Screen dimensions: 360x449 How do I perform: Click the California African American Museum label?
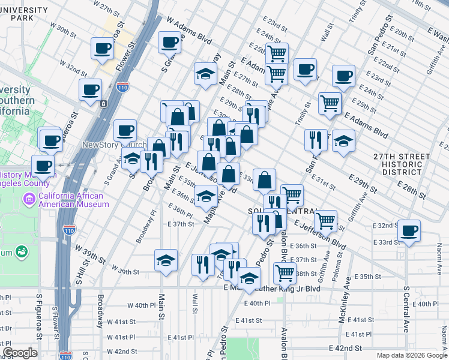click(x=71, y=200)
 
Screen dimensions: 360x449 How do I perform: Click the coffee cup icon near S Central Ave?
click(x=409, y=231)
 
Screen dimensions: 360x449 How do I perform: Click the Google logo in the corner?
click(x=20, y=353)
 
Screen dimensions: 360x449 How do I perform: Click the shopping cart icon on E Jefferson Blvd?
click(x=326, y=221)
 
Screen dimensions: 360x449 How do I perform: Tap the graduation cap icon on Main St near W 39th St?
click(x=166, y=260)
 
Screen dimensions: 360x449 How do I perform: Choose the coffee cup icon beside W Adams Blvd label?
click(x=169, y=42)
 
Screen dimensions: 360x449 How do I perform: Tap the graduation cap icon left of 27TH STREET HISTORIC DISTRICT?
click(x=343, y=142)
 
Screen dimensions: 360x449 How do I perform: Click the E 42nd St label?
click(x=345, y=348)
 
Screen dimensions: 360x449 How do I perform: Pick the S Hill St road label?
click(x=79, y=271)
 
